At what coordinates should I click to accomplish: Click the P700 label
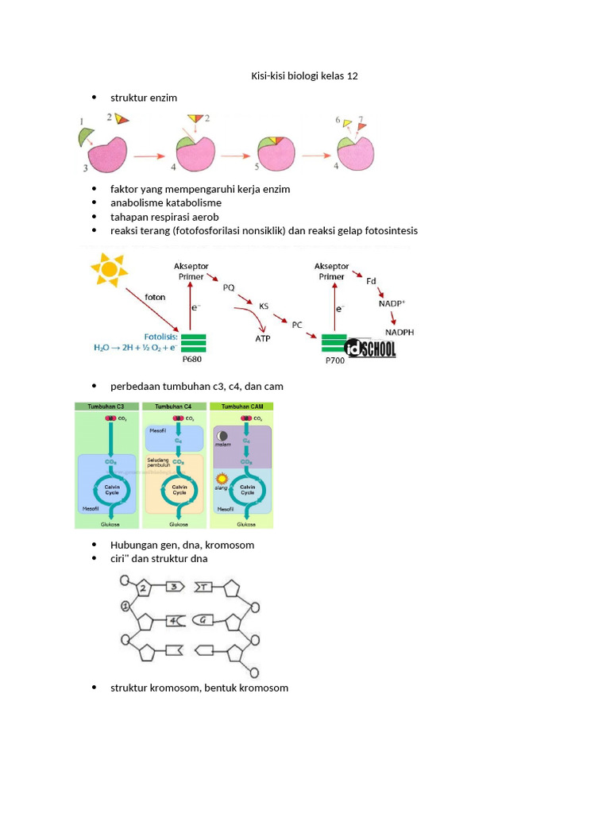coord(335,360)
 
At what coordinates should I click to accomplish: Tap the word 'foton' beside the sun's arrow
coord(156,298)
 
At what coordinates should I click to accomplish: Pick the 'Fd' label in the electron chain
coord(371,281)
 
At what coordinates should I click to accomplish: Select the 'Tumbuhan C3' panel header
coord(106,406)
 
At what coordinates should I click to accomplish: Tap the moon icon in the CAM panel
coord(222,436)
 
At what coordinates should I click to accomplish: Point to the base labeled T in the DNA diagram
coord(204,587)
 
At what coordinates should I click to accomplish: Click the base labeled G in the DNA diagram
coord(204,619)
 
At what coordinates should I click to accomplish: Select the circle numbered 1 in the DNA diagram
coord(125,607)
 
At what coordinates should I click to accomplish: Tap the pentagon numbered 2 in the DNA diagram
coord(145,588)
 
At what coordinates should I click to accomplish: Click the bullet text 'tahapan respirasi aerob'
coord(164,217)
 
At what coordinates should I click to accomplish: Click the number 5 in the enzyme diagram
coord(257,168)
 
